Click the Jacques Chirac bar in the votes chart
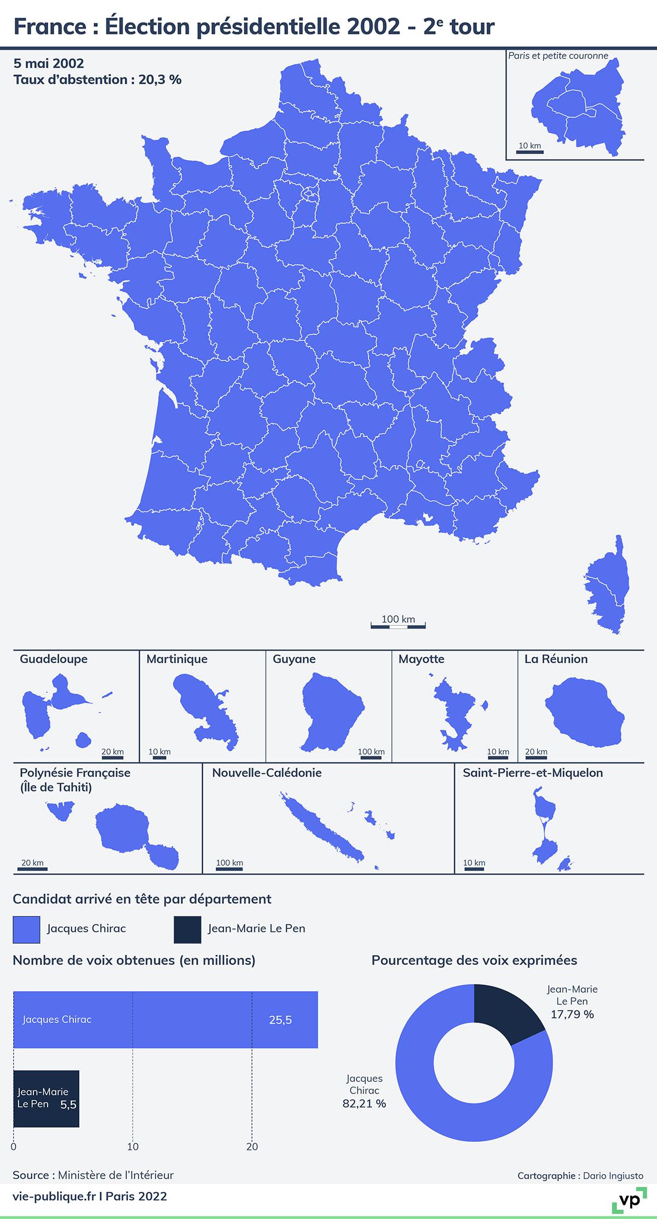point(164,1020)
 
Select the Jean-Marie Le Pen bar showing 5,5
point(46,1099)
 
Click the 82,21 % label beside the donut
point(364,1103)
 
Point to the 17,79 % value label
point(572,1014)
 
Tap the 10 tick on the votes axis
point(133,1146)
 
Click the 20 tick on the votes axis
point(252,1146)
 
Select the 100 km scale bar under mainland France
point(398,625)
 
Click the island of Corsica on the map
point(608,586)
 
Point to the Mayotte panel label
point(421,659)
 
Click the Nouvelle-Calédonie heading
point(267,773)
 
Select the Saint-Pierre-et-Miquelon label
point(533,773)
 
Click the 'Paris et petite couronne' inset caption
point(558,56)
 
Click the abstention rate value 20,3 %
point(160,79)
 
